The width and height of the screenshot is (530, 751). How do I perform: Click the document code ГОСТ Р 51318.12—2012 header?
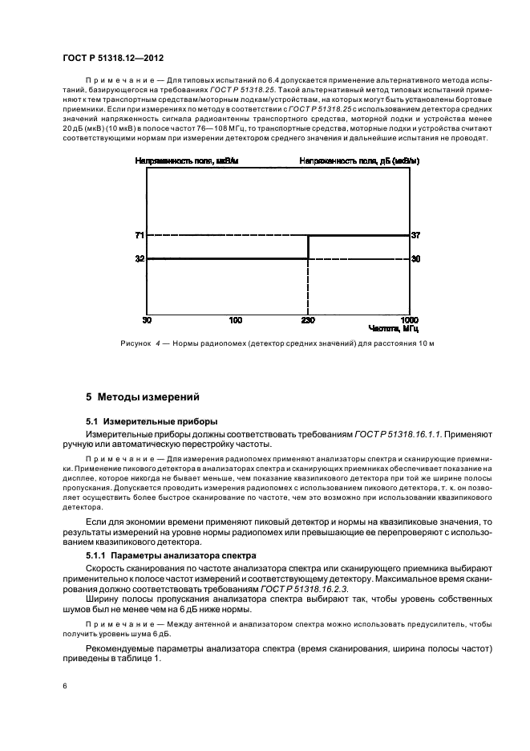[107, 57]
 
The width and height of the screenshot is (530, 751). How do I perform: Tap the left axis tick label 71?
[140, 236]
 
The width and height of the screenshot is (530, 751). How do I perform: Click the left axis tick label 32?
[140, 259]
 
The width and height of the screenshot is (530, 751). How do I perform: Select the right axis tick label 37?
[415, 236]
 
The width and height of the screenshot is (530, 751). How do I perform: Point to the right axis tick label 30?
[415, 259]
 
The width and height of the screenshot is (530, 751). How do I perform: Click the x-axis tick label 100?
[235, 319]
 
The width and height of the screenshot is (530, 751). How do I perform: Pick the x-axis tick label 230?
[308, 319]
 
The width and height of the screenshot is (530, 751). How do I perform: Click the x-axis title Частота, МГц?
[393, 328]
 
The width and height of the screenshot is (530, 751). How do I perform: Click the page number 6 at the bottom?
[64, 686]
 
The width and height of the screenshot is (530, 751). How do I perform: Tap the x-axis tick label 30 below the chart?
[147, 319]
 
